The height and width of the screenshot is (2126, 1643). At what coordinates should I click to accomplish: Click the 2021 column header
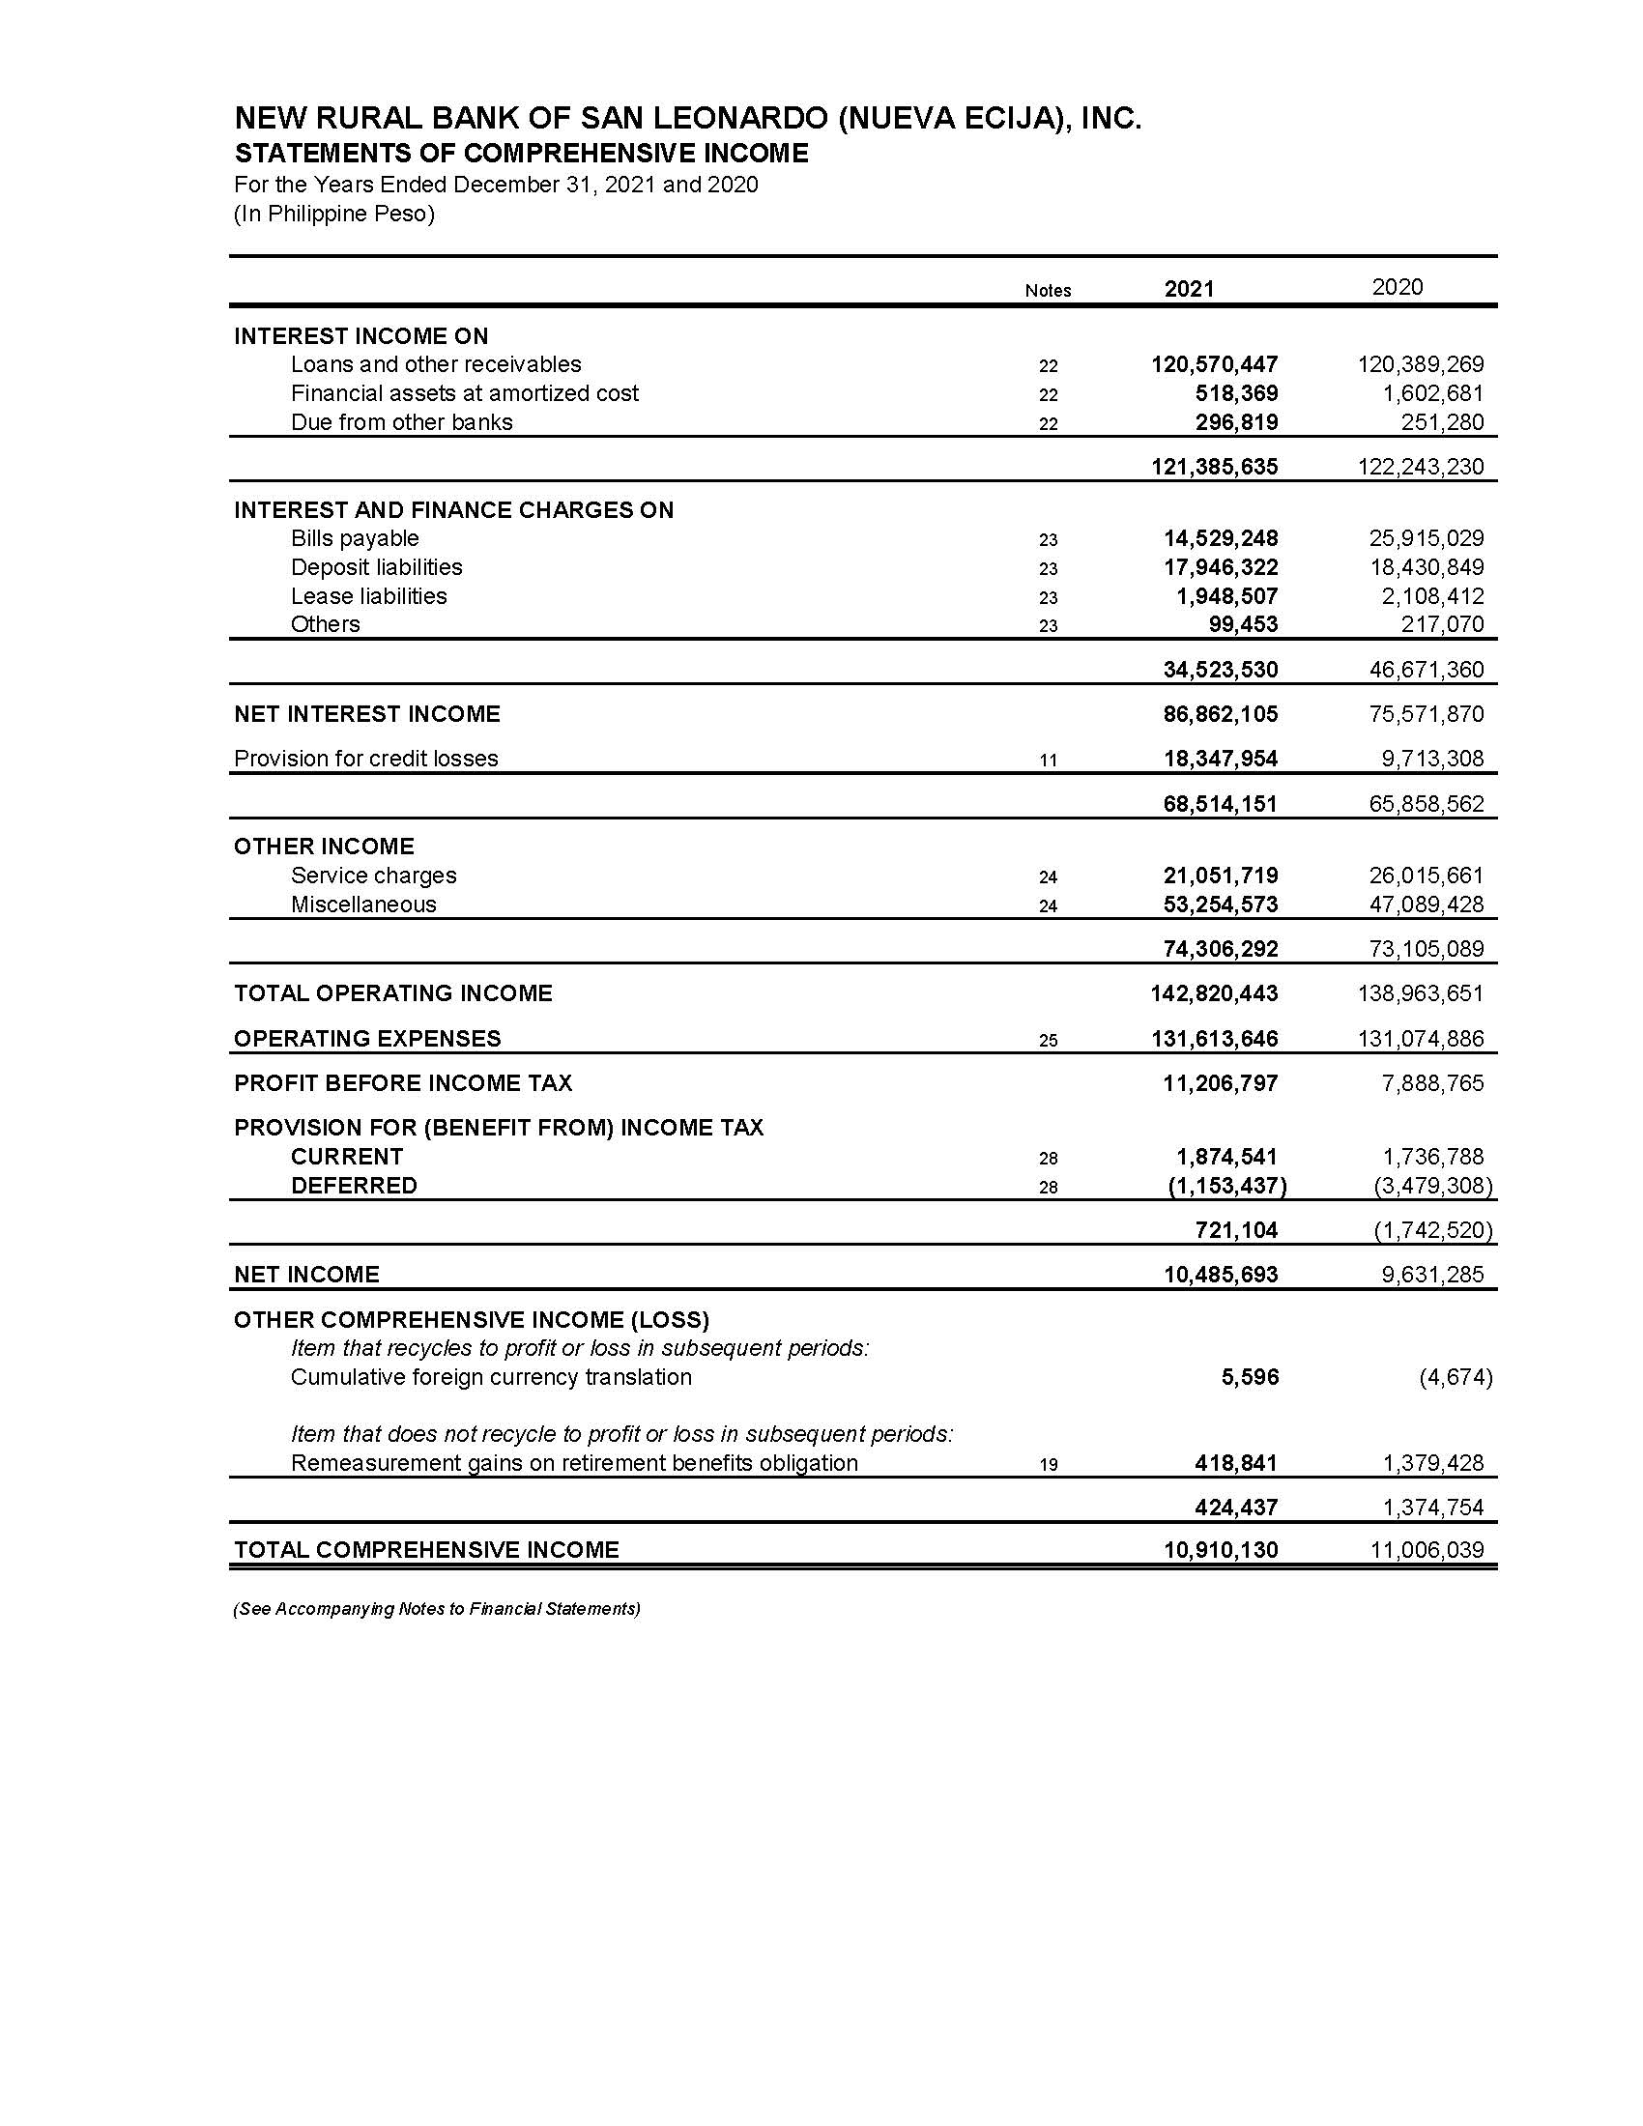click(1189, 289)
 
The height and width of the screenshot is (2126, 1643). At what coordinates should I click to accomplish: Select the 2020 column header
click(1397, 287)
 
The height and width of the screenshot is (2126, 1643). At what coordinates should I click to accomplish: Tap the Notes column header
click(1048, 291)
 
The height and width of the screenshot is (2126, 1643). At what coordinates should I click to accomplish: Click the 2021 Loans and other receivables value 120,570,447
click(1214, 365)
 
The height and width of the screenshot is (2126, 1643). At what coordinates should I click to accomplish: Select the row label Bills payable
click(355, 538)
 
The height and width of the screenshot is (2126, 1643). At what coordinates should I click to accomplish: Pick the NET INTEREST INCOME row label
click(367, 714)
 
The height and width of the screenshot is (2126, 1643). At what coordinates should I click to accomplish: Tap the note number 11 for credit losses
click(1048, 761)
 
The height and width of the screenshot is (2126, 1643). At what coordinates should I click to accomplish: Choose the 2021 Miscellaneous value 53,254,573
click(1221, 905)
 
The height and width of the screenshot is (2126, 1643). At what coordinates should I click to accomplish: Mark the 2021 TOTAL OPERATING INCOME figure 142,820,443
click(1214, 993)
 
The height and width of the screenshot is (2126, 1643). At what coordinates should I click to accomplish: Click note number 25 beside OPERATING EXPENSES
click(1048, 1041)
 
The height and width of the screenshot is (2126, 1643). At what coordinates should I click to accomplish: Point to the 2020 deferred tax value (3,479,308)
click(1431, 1186)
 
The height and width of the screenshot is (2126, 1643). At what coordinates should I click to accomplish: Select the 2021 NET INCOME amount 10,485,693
click(1221, 1276)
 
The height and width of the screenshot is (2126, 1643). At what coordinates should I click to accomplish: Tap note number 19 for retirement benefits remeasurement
click(1048, 1465)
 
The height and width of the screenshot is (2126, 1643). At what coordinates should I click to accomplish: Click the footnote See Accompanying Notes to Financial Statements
click(436, 1609)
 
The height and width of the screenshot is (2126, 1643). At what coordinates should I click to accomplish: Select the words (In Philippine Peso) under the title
click(333, 215)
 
